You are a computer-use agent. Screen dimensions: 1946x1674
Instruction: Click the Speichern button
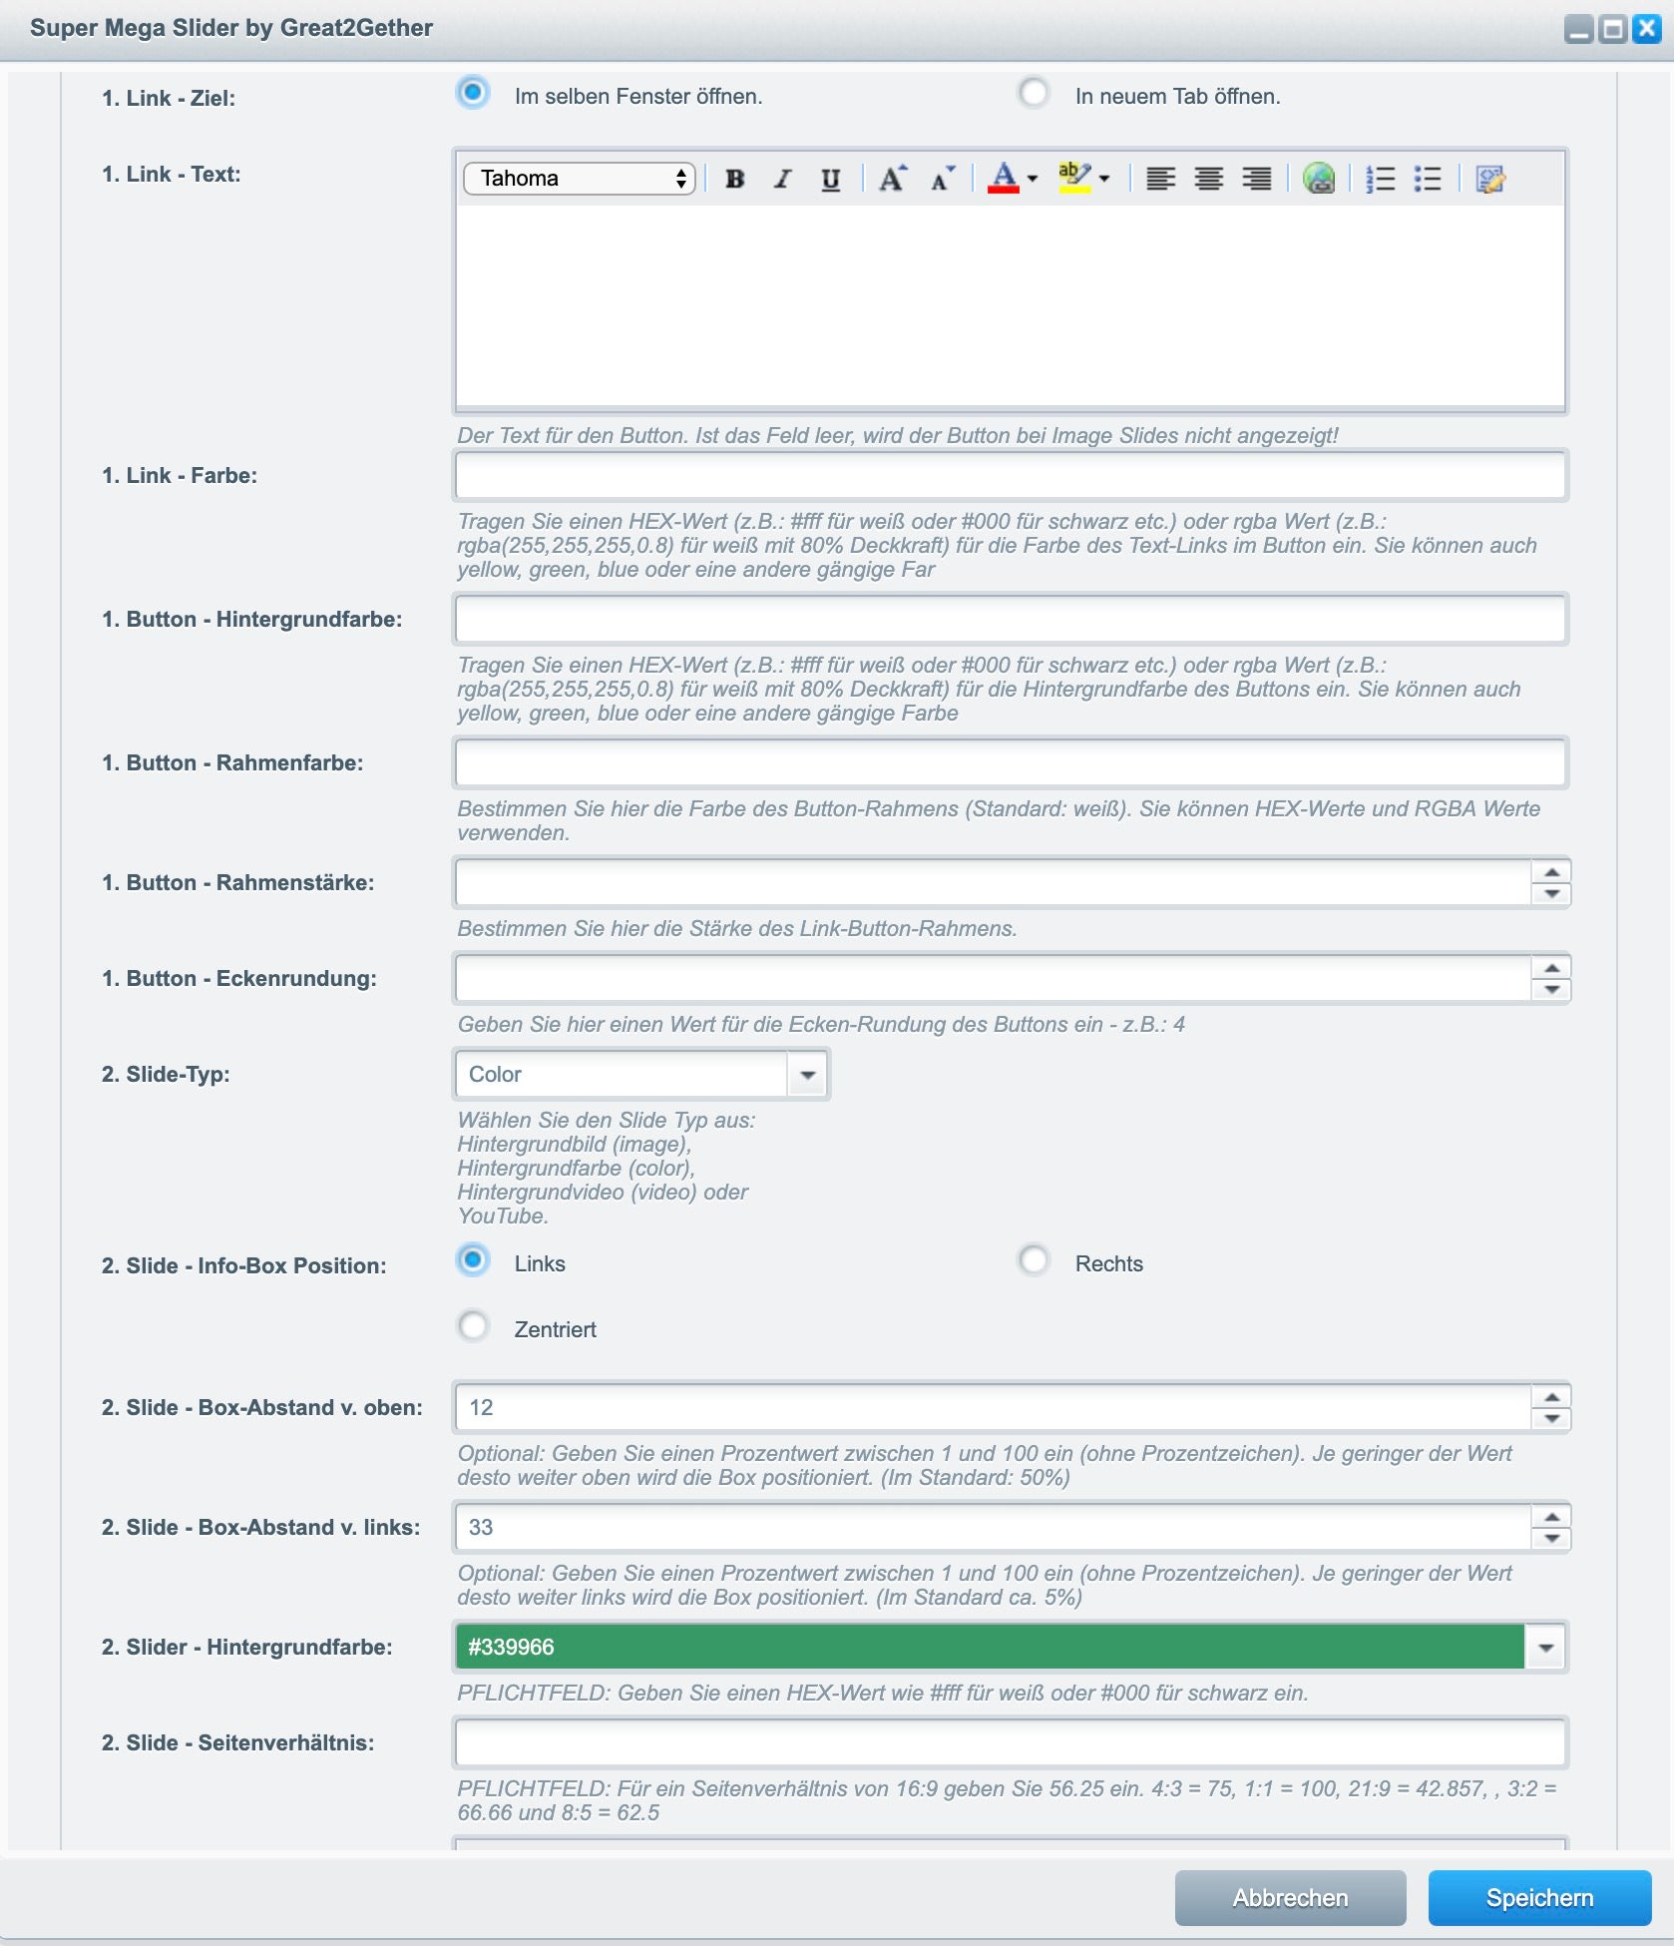click(1539, 1897)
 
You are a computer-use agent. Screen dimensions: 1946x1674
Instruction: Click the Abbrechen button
click(1290, 1897)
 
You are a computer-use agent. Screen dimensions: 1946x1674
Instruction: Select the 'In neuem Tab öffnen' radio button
click(1034, 94)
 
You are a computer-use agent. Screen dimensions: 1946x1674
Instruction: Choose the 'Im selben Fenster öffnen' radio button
click(473, 94)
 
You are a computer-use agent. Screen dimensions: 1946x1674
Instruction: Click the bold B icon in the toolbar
click(735, 179)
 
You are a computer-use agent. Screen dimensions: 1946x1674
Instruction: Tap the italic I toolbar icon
click(783, 179)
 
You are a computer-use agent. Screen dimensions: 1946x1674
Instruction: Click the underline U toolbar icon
click(830, 179)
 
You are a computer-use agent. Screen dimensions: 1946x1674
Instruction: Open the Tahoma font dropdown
click(579, 179)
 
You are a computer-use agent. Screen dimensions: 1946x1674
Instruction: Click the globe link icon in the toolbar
click(1318, 179)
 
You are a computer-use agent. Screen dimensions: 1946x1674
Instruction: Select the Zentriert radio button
click(473, 1326)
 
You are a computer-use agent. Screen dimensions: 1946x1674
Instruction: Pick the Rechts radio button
click(1034, 1260)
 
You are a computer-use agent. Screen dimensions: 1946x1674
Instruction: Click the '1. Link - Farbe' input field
click(1010, 476)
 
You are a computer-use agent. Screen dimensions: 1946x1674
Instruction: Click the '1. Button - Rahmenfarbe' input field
click(1010, 763)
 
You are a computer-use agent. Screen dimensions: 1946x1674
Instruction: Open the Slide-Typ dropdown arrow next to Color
click(808, 1075)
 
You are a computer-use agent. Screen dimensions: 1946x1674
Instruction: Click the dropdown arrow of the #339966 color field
click(1545, 1648)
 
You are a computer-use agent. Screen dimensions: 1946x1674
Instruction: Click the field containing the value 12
click(993, 1407)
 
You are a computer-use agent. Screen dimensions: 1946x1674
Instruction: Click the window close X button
click(1646, 29)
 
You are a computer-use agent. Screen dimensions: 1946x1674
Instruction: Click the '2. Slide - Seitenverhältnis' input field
click(1010, 1743)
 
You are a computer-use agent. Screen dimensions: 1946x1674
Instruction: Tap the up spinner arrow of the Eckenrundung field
click(1551, 968)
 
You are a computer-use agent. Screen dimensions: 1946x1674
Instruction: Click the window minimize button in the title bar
click(1578, 30)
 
